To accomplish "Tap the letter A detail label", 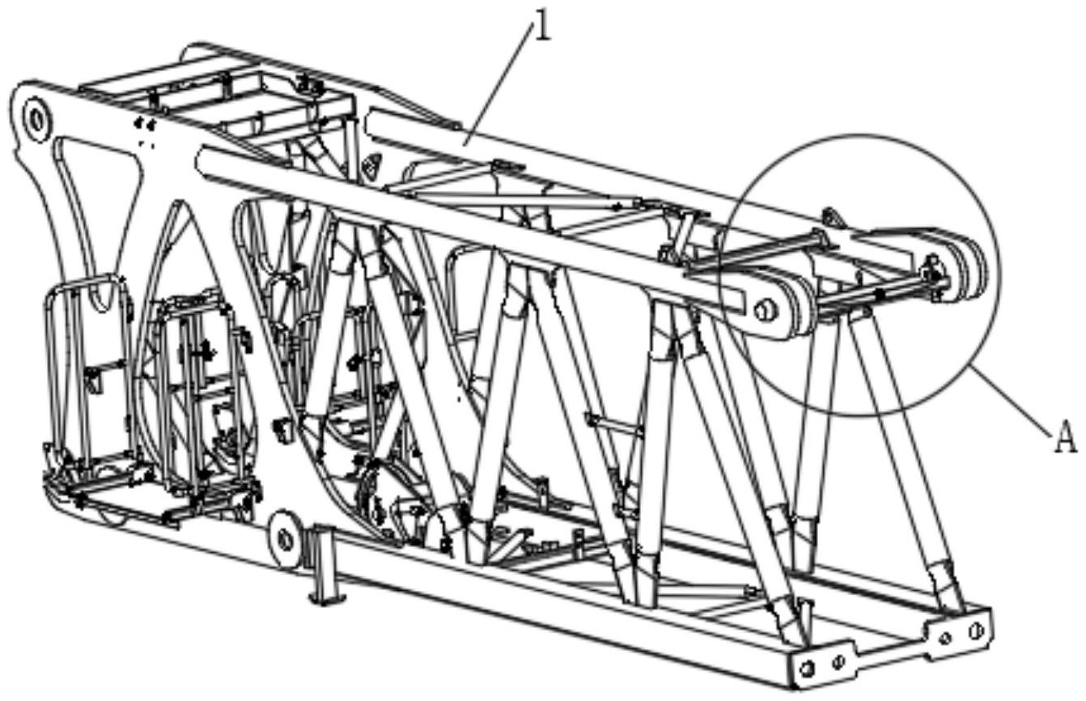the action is [1066, 439].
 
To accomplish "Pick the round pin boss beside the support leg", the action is [284, 537].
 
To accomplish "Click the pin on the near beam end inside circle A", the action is [763, 308].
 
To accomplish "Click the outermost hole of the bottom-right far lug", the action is [977, 629].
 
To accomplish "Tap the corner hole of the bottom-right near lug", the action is [806, 668].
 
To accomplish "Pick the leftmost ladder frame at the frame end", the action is [85, 372].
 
